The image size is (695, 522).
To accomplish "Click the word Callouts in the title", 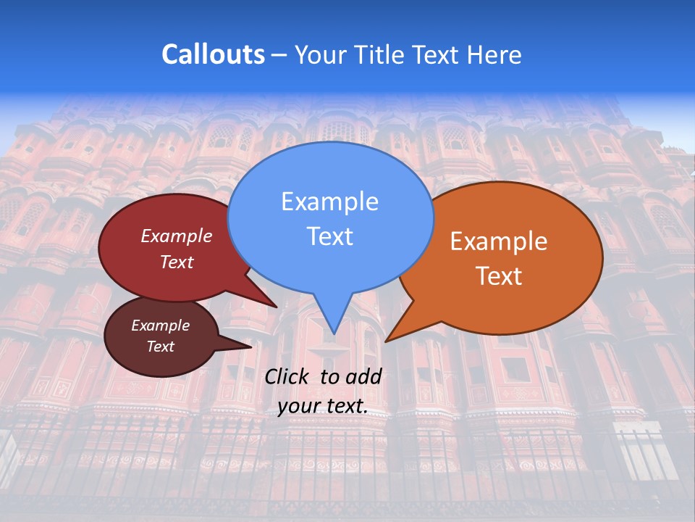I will coord(213,54).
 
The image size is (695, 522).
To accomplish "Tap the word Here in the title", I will coord(493,54).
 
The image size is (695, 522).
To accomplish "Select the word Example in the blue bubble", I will coord(329,202).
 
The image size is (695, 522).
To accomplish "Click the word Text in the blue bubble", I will coord(329,236).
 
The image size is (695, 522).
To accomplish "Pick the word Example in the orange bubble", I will coord(499,241).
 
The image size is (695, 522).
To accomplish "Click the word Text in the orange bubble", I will coord(499,276).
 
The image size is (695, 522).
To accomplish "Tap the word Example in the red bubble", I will coord(177,236).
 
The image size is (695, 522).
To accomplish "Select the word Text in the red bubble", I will coord(177,262).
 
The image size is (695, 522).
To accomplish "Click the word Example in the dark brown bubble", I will coord(160,326).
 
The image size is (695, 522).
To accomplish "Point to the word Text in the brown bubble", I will coord(160,347).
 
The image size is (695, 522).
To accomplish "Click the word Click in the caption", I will coord(288,376).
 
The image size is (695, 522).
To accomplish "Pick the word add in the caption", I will coord(364,376).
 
